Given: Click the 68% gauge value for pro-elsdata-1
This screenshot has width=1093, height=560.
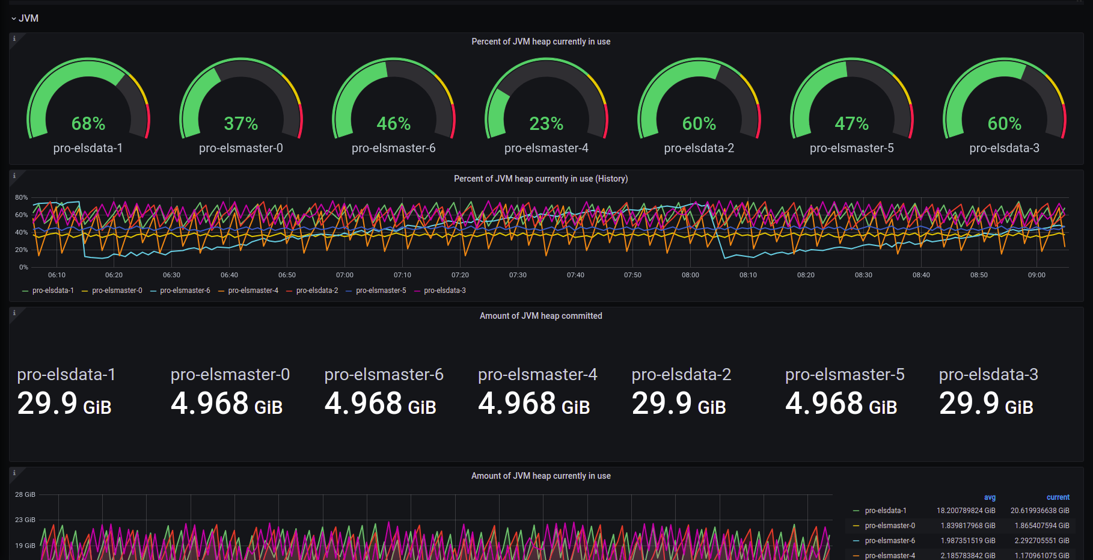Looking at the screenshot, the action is click(88, 124).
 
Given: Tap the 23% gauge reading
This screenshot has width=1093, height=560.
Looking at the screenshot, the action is click(546, 124).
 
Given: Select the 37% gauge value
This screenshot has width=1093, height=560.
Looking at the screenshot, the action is click(241, 124).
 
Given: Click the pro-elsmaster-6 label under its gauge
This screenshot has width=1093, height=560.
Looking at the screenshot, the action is click(394, 148).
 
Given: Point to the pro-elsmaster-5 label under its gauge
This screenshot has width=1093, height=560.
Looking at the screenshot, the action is click(852, 148).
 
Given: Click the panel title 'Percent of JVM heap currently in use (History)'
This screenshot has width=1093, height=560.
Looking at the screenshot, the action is click(541, 179).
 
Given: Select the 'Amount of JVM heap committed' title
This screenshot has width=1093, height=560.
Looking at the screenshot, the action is click(541, 316).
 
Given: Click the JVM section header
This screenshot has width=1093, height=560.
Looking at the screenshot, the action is click(28, 18).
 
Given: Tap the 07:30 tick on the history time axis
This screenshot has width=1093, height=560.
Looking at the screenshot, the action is click(518, 275).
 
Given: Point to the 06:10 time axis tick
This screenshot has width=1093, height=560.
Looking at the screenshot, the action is click(57, 275).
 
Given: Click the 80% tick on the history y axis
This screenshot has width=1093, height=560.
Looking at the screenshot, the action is click(22, 197).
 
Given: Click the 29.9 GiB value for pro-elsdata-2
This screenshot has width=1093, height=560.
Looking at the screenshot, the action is click(679, 404).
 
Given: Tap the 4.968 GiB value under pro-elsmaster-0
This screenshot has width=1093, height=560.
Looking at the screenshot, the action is click(227, 404).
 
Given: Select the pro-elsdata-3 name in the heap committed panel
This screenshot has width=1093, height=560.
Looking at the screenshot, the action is click(988, 374).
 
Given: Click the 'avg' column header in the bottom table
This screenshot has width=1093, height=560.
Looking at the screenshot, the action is click(990, 497).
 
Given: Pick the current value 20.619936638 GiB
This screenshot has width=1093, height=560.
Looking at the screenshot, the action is click(1040, 511).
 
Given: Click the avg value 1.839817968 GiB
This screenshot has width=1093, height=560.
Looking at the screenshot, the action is click(968, 526).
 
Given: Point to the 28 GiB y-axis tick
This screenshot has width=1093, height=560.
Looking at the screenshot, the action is click(25, 494).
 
